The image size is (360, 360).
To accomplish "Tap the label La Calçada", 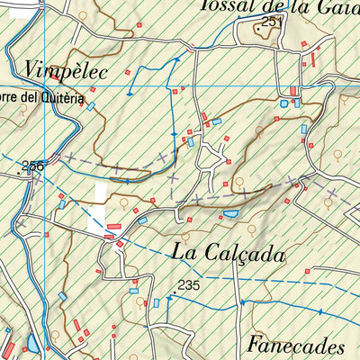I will [x=227, y=254].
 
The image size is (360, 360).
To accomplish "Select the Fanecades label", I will [x=295, y=346].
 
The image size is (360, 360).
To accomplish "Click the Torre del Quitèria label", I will [x=41, y=100].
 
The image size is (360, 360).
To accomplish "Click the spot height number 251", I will [x=273, y=20].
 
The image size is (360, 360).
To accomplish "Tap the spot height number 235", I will [x=187, y=285].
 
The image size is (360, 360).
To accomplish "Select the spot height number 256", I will [x=33, y=165].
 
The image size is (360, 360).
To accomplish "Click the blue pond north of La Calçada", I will [x=231, y=214].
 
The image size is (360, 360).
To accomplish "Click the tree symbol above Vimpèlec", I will [x=83, y=15].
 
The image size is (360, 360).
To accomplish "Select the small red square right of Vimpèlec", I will [x=128, y=70].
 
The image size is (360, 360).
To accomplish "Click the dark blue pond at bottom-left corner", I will [x=32, y=344].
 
